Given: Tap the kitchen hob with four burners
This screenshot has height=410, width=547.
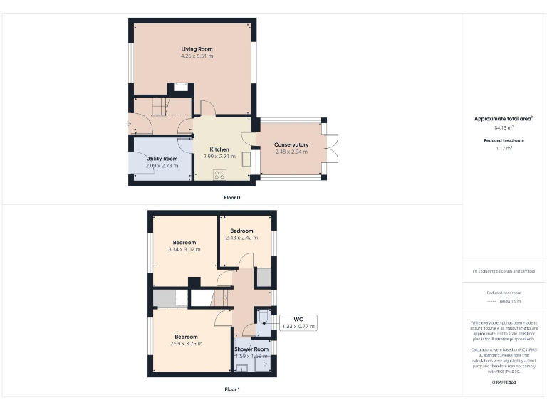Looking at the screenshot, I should (x=219, y=173).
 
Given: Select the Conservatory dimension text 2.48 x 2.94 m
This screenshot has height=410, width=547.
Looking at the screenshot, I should (x=291, y=152).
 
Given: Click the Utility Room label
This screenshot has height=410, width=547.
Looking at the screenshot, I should (x=162, y=159).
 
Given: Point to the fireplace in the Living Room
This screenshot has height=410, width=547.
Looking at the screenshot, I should (x=180, y=88).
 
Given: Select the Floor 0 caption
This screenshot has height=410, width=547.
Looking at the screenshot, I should (x=231, y=197).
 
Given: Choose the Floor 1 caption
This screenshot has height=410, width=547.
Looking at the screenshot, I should (x=231, y=389).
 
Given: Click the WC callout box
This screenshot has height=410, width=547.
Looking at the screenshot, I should (x=298, y=322).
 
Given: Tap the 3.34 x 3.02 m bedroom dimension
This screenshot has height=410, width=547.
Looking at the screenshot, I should (x=184, y=250).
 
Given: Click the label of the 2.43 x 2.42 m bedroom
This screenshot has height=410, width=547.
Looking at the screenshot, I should (x=241, y=231).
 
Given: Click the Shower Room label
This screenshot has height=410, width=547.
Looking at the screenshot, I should (x=251, y=349).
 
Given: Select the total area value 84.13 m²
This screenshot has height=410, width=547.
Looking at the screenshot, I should (x=504, y=128).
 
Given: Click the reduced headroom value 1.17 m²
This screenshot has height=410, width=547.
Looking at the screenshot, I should (x=504, y=148).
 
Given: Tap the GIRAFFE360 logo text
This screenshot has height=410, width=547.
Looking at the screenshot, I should (x=504, y=383).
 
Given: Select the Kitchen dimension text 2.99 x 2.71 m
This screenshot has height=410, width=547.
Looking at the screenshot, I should (x=219, y=156).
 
